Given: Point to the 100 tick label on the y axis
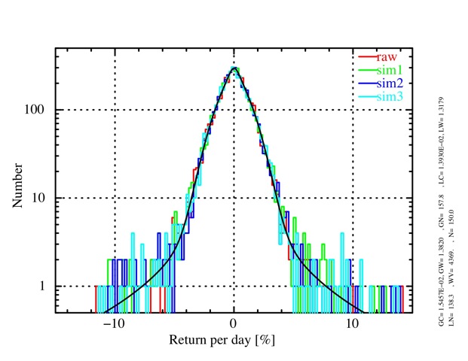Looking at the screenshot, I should pyautogui.click(x=40, y=110).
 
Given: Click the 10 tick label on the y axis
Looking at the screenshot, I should pyautogui.click(x=43, y=199).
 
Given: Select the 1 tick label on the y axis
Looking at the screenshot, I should pyautogui.click(x=46, y=287).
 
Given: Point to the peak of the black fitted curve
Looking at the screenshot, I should pyautogui.click(x=234, y=68).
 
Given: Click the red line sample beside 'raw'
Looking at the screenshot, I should pyautogui.click(x=366, y=56).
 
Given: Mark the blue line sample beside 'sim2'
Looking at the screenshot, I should pyautogui.click(x=366, y=83).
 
